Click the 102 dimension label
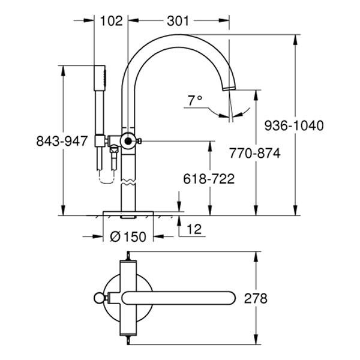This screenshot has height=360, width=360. [112, 20]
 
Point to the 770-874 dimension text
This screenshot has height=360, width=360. [254, 153]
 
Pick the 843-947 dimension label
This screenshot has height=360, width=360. [62, 141]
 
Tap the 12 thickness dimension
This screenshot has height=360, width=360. [193, 228]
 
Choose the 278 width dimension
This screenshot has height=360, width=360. [256, 298]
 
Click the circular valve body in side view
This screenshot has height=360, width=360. [127, 142]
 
